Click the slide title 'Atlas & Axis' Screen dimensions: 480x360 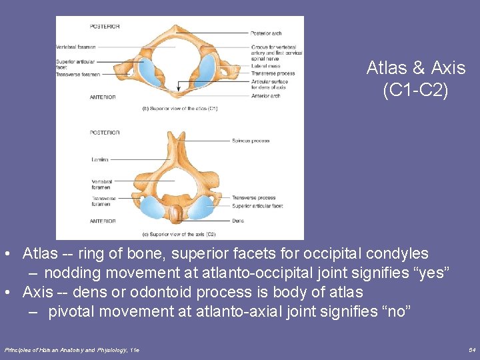[x=416, y=68]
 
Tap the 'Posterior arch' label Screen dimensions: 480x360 [x=267, y=33]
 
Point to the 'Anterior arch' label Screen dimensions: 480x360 [x=266, y=95]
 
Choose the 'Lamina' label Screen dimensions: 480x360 [x=99, y=159]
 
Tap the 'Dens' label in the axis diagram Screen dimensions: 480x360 [x=238, y=221]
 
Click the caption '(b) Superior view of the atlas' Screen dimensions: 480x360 [x=180, y=108]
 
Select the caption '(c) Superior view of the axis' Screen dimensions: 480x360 [x=179, y=234]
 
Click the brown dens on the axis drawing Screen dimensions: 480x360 [x=176, y=215]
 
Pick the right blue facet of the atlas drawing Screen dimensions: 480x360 [x=207, y=67]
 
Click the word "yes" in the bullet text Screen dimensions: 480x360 [x=437, y=273]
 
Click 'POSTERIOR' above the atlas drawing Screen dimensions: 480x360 [x=105, y=26]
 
